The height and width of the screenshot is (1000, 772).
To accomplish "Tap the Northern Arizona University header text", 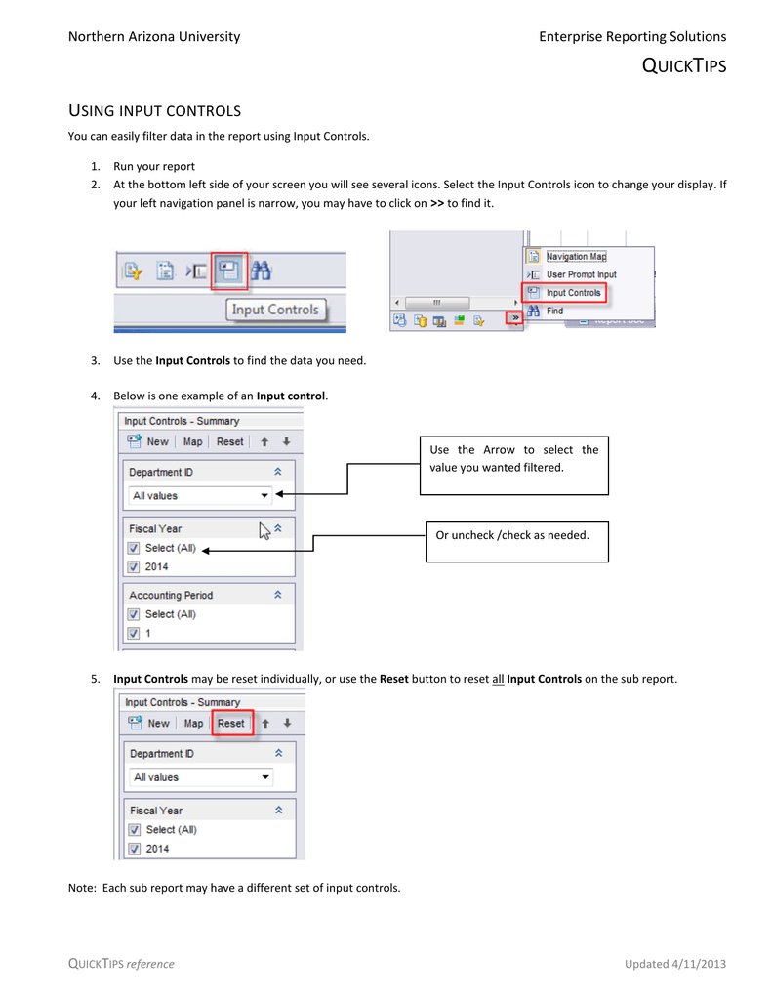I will coord(153,36).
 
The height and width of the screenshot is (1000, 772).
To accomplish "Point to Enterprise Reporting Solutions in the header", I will coord(631,36).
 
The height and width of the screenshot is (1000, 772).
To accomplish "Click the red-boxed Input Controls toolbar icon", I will coord(230,271).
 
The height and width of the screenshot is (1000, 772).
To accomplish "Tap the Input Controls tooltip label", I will coord(275,310).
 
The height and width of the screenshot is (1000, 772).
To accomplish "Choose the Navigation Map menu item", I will coord(575,257).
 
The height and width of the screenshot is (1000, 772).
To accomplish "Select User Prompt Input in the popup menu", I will coord(581,274).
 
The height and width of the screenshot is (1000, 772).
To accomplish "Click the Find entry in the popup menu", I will coord(554,311).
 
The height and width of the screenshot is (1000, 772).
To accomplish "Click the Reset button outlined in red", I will coord(231,724).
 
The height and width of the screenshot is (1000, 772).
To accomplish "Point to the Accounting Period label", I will coord(171,595).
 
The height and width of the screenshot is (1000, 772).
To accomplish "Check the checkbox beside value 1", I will coord(134,634).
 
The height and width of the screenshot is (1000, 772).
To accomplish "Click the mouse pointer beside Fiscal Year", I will coord(264,530).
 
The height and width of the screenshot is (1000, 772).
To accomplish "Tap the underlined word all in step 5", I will coord(497,679).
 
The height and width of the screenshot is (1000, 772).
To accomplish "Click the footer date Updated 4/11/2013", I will coord(674,964).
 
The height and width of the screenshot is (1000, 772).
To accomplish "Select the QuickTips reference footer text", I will coord(121,964).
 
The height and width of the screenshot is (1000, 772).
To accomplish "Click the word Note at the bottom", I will coord(81,888).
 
